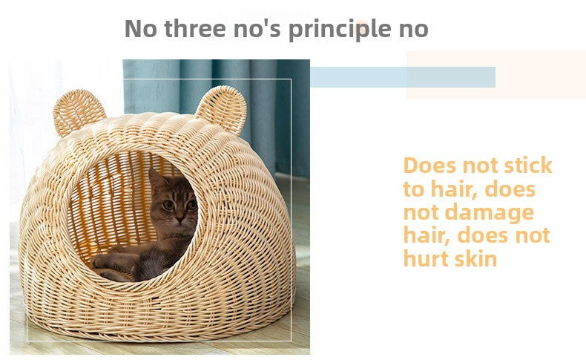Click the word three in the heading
point(195,28)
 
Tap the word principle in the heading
point(340,30)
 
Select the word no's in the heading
point(257,28)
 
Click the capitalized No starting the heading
point(140,28)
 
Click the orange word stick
point(528,166)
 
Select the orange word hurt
point(426,258)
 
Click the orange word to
point(414,189)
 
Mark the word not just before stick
point(480,166)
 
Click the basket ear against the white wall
point(79,111)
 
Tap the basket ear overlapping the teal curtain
point(222,108)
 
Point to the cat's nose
point(180,218)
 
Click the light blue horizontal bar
point(403,77)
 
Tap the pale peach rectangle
point(496,75)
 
